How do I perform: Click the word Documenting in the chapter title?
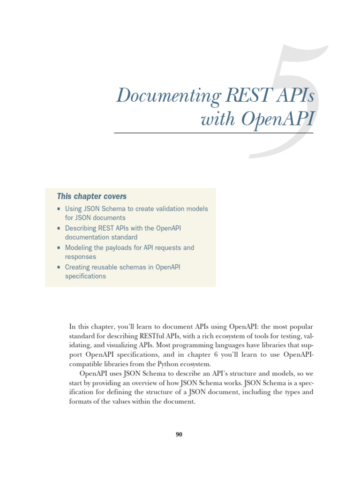(x=168, y=97)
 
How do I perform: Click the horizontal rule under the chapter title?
(x=213, y=133)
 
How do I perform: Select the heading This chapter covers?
(x=92, y=196)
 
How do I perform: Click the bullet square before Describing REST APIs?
(x=59, y=228)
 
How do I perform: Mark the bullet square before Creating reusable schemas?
(x=59, y=267)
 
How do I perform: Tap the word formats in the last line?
(x=80, y=402)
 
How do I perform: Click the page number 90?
(x=179, y=435)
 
